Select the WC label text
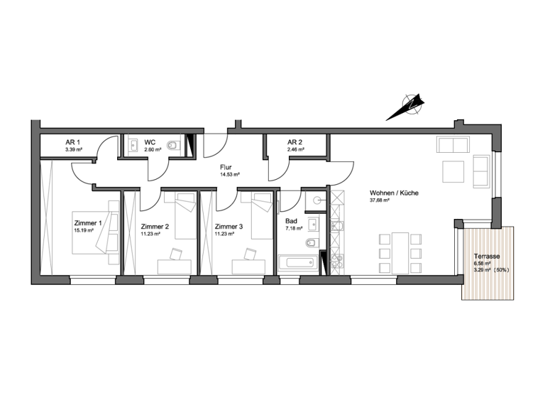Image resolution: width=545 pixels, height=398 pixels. (150, 142)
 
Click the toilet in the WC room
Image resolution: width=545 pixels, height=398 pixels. (173, 146)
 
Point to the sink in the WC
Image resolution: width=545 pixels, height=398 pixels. (134, 147)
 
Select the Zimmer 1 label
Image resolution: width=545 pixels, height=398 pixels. (88, 222)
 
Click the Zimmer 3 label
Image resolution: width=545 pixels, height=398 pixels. (229, 227)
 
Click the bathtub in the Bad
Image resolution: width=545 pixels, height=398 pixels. (299, 264)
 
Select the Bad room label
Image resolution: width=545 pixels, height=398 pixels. (291, 221)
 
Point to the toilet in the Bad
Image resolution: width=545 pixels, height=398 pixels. (311, 244)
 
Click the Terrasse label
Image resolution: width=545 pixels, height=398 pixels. (487, 256)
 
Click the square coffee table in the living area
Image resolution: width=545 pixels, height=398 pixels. (453, 171)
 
